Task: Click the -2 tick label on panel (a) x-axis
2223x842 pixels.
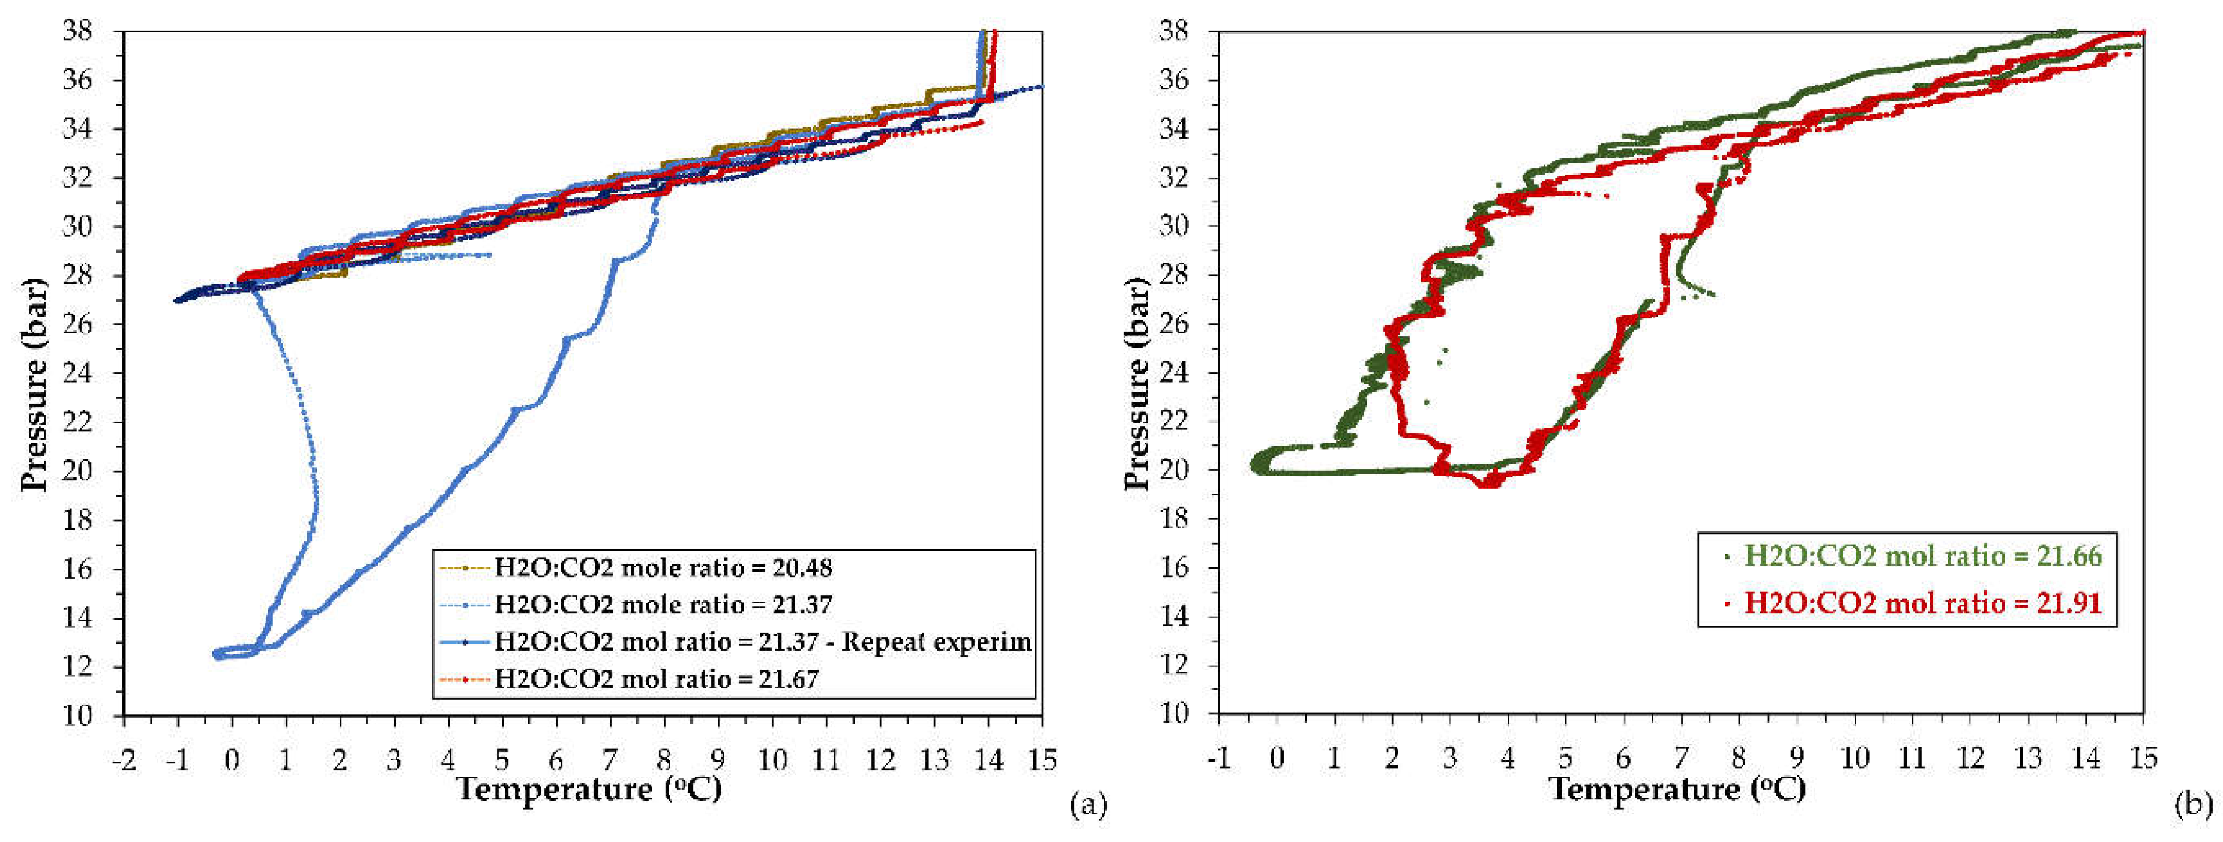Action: click(124, 759)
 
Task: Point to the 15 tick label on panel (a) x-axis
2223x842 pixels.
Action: click(1042, 759)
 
